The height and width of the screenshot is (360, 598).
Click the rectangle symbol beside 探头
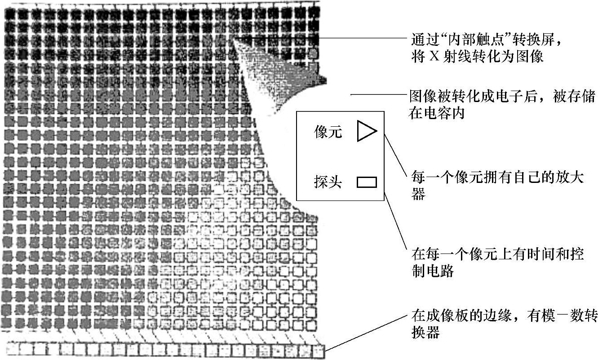click(x=367, y=182)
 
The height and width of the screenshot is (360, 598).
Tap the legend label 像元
click(x=328, y=133)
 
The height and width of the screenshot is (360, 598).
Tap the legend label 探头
click(x=328, y=182)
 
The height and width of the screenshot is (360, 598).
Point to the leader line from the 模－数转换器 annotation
click(x=364, y=333)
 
